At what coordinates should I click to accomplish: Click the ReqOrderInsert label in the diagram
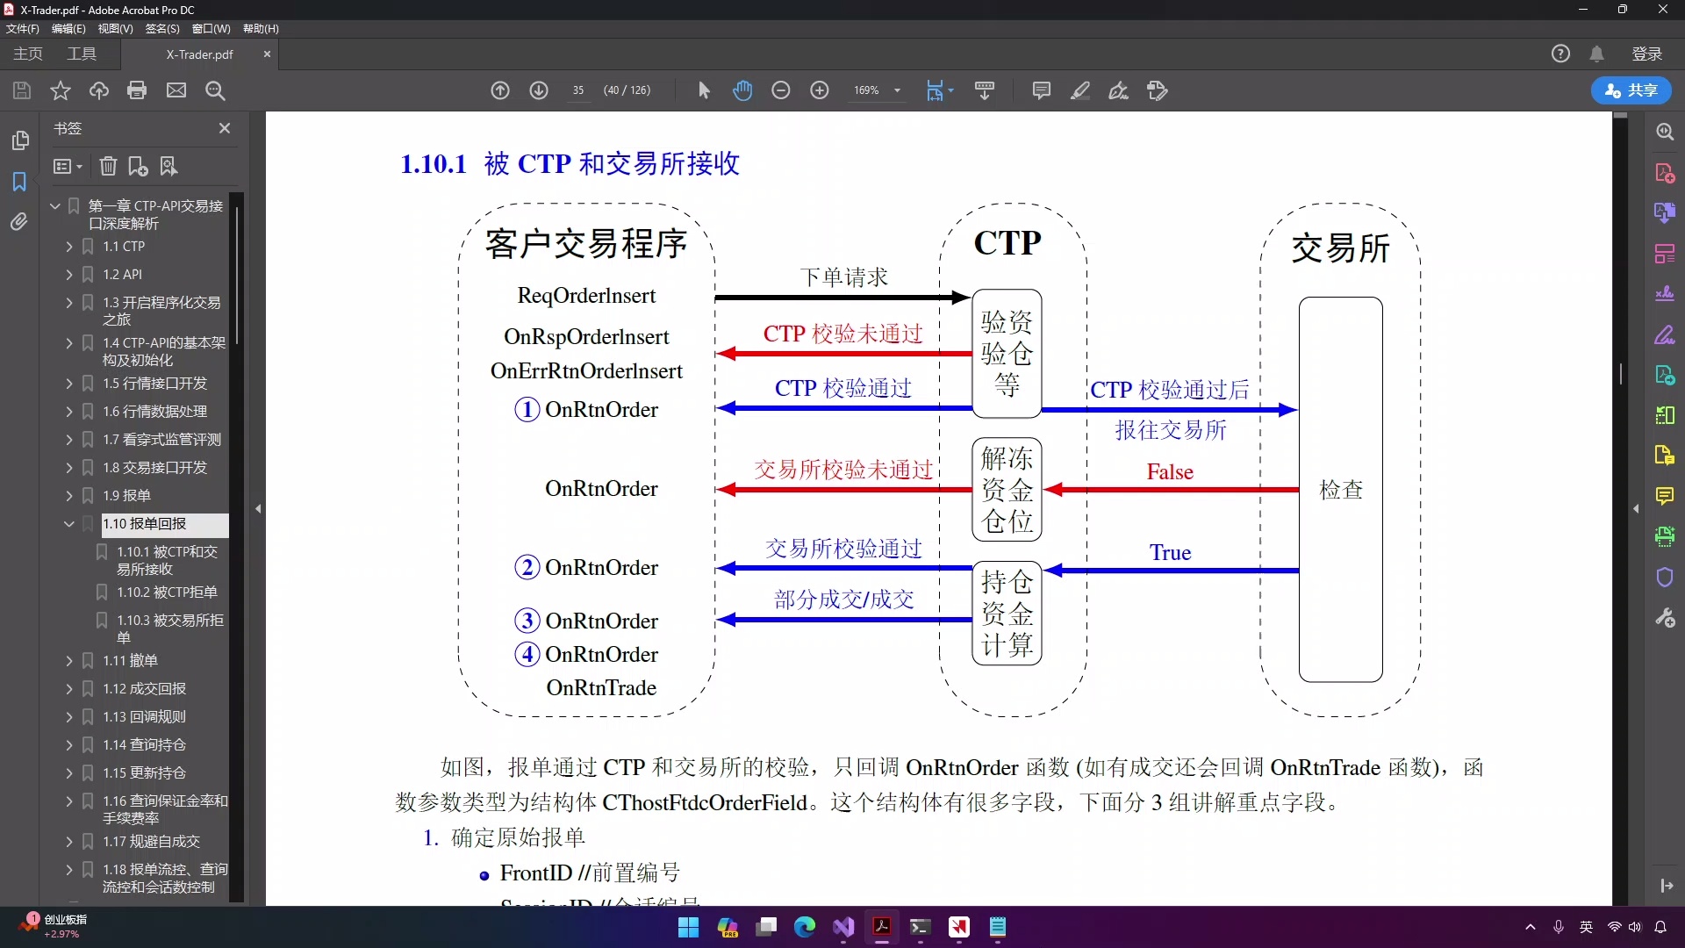(586, 296)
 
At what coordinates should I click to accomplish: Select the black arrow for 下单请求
(842, 298)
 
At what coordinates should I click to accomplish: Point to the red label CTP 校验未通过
(842, 334)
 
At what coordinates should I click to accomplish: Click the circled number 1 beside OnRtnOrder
(527, 410)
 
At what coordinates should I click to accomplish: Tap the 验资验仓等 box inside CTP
(1007, 353)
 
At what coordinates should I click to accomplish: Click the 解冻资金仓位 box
(1007, 489)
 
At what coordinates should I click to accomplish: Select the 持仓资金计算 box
(1007, 613)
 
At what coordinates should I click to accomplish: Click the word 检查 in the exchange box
(1340, 490)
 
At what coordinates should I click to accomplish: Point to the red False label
(1170, 472)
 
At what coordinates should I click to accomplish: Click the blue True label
(1170, 553)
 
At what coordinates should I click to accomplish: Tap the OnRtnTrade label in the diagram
(601, 688)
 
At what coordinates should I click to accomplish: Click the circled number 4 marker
(527, 655)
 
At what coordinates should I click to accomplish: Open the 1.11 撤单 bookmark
(130, 661)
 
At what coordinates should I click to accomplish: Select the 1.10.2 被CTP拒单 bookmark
(167, 592)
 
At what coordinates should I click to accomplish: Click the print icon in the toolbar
(137, 90)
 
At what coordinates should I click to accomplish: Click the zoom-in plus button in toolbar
(820, 90)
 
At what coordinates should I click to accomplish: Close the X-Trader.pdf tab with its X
(268, 54)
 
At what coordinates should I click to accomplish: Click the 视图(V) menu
(115, 29)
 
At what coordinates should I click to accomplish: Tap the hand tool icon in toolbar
(742, 90)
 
